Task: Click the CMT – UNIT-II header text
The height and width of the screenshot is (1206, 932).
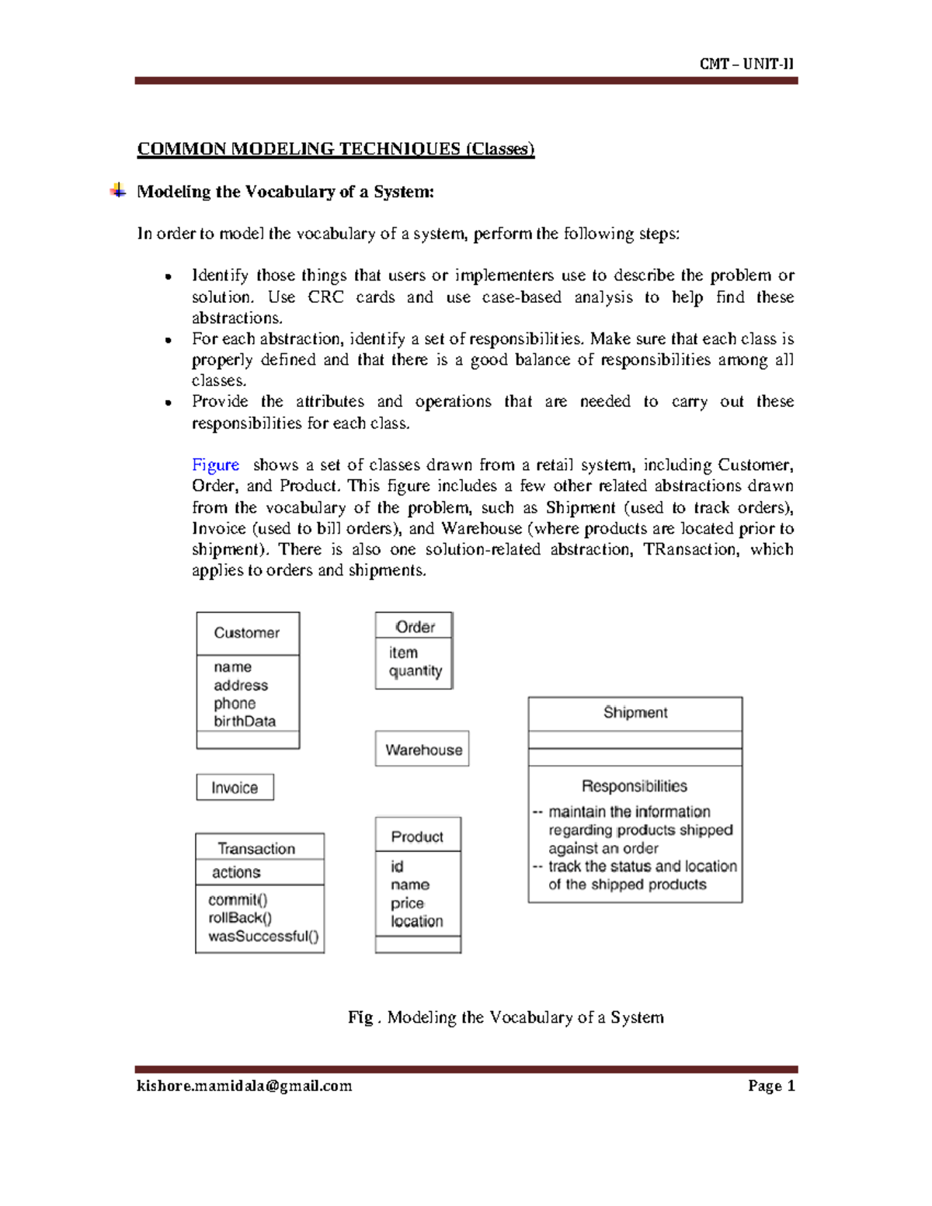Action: [746, 64]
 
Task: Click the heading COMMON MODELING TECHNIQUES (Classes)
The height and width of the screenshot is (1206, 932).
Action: [336, 148]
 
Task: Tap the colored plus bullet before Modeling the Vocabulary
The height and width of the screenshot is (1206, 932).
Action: [118, 190]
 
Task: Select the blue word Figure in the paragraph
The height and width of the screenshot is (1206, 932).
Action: [215, 465]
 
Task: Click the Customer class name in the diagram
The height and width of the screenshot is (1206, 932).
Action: [246, 633]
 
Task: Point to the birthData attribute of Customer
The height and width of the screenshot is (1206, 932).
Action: [245, 721]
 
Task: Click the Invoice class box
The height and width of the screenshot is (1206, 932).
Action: [235, 787]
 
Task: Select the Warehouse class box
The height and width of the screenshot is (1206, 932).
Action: [423, 749]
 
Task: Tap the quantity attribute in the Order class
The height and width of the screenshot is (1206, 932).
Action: [415, 671]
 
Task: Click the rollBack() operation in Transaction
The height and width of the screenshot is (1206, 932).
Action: [240, 918]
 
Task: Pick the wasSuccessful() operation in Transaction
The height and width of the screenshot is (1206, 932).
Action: [263, 937]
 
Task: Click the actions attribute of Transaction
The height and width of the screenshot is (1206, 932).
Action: [236, 872]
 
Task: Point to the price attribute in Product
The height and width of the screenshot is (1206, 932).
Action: [407, 903]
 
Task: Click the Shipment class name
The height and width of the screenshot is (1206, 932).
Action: [635, 713]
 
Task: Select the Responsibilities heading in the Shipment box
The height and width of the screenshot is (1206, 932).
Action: [634, 786]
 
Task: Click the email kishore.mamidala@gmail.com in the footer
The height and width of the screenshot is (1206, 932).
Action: [244, 1086]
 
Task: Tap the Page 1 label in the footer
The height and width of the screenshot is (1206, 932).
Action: [771, 1086]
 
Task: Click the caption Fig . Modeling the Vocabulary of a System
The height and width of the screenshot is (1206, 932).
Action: [506, 1017]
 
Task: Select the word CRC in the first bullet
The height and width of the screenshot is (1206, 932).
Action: [325, 297]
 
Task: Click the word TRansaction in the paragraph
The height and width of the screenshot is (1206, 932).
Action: [690, 550]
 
